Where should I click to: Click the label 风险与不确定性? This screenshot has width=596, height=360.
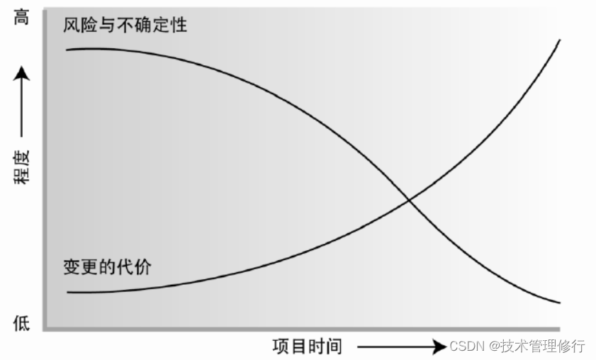tap(125, 27)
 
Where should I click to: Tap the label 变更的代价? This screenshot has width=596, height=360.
tap(107, 267)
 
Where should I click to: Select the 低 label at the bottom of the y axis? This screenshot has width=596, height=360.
tap(22, 324)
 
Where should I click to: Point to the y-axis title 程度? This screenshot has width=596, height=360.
tap(22, 169)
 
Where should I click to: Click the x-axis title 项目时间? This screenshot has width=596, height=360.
tap(307, 347)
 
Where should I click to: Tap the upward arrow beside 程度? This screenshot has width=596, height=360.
tap(22, 102)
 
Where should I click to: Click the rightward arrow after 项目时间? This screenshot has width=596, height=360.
tap(401, 347)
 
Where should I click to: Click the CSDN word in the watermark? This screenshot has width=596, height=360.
tap(466, 347)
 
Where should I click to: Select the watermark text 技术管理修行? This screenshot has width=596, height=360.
tap(543, 347)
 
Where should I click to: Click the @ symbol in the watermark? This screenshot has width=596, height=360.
tap(492, 347)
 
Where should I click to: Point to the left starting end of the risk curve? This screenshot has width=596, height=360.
tap(67, 50)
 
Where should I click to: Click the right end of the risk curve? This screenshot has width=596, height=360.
tap(560, 303)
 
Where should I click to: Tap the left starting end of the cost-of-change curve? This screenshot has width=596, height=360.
tap(68, 292)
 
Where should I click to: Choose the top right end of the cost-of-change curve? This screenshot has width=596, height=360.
tap(560, 40)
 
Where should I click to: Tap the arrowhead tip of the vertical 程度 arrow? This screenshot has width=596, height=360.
tap(22, 68)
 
